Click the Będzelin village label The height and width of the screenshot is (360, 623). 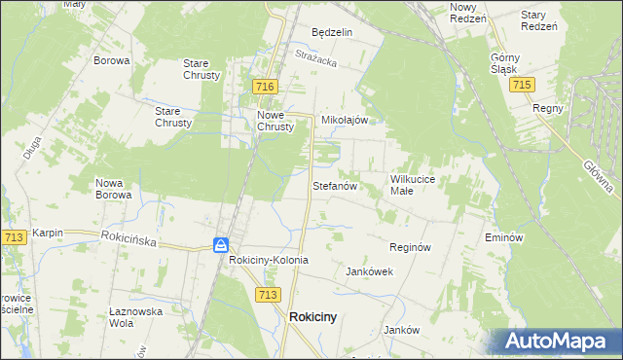point(331,32)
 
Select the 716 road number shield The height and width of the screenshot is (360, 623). point(264,88)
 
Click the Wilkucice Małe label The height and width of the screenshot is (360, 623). point(418,185)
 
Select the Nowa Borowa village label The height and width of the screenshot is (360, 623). point(114,188)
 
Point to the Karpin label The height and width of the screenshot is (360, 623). point(48,234)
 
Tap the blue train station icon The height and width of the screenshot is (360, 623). point(222,245)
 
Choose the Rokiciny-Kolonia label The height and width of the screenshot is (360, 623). point(269,261)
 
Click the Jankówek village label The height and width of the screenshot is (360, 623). point(370,272)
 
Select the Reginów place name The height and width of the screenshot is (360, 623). point(410,248)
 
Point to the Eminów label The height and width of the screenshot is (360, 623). point(504,237)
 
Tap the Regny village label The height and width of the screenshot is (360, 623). point(548,108)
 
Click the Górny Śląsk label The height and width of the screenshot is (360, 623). point(509,63)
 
